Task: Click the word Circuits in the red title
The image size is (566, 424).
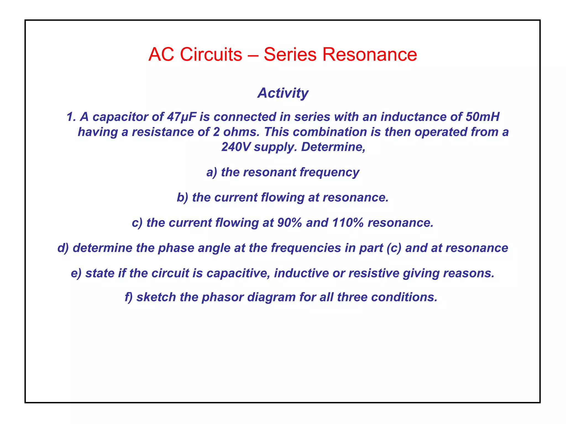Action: pyautogui.click(x=211, y=54)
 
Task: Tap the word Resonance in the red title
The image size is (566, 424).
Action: pyautogui.click(x=370, y=54)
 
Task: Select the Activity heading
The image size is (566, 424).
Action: pyautogui.click(x=283, y=93)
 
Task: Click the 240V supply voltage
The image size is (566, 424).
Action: pyautogui.click(x=236, y=147)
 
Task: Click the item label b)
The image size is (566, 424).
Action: pyautogui.click(x=183, y=198)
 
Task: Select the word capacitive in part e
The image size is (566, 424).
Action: pyautogui.click(x=238, y=273)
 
